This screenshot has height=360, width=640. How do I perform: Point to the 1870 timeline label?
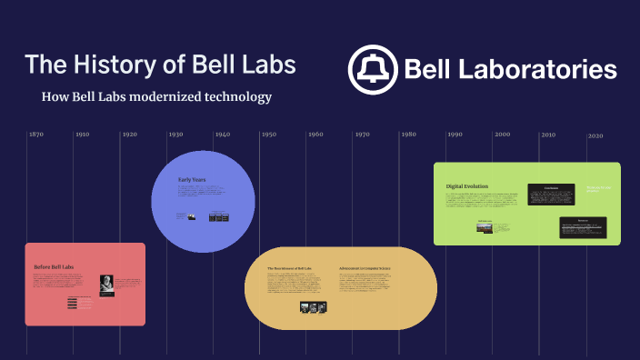(x=35, y=135)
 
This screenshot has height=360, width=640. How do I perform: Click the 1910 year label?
(x=82, y=135)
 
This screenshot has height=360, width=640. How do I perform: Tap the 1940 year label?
(x=222, y=135)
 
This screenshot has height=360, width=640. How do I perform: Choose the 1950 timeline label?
(x=268, y=135)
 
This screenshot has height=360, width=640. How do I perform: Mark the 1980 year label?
(x=408, y=135)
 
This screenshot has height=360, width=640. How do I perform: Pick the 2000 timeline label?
(x=502, y=135)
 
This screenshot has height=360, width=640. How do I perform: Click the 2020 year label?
(x=595, y=135)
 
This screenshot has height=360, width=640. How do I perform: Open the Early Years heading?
(x=192, y=180)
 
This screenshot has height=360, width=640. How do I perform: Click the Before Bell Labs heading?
(x=55, y=266)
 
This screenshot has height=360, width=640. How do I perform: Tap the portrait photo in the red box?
(x=105, y=285)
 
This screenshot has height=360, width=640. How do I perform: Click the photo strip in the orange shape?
(x=312, y=307)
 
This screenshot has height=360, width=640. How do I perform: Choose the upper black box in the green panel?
(x=551, y=194)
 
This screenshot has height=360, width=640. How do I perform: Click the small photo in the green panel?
(x=485, y=227)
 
